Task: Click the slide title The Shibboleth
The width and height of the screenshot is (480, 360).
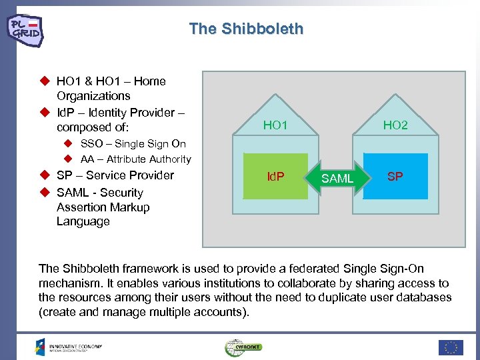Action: [246, 29]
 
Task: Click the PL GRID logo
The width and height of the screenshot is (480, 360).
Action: [25, 29]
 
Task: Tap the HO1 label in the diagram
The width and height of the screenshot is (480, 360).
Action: [275, 125]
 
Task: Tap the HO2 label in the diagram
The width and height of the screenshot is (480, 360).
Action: [395, 125]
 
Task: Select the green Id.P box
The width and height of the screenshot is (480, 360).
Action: [275, 177]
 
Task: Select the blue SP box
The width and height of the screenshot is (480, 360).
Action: [395, 177]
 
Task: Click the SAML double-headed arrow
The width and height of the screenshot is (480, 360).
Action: [337, 178]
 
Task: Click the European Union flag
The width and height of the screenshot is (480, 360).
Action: [451, 347]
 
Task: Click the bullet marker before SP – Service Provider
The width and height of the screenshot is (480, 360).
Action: [45, 175]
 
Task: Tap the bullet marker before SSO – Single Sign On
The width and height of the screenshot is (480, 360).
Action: [68, 143]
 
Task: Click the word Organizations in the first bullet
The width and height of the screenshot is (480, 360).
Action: [93, 96]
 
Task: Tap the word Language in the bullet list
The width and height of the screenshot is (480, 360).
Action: [83, 221]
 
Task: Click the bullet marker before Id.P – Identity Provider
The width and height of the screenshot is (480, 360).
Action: [45, 111]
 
